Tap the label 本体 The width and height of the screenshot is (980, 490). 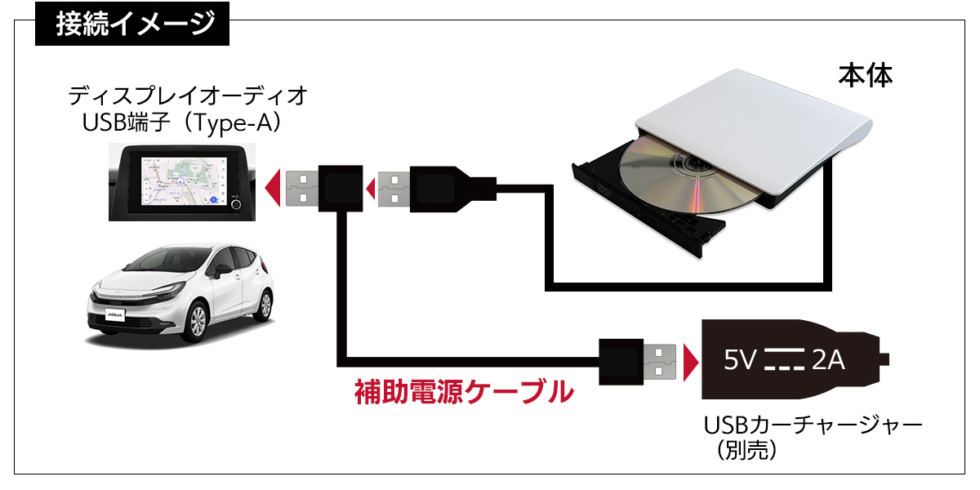(865, 75)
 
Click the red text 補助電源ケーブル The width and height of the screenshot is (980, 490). (463, 392)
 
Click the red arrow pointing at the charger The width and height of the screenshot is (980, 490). (691, 361)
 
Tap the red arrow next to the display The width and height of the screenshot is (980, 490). (276, 187)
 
